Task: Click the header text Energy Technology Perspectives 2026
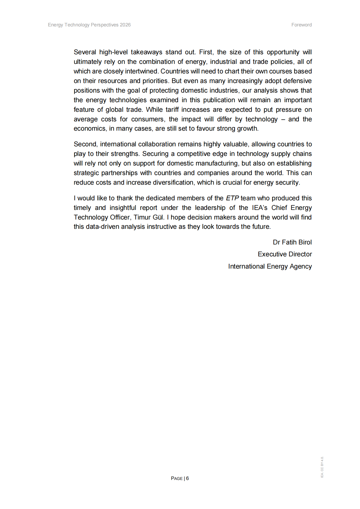[x=89, y=25]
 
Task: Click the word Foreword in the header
[x=301, y=25]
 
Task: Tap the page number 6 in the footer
[x=188, y=478]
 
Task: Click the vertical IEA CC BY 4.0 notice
[x=322, y=467]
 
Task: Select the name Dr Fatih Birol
[x=292, y=242]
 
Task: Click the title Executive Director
[x=285, y=254]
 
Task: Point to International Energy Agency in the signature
[x=270, y=266]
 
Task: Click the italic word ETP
[x=232, y=198]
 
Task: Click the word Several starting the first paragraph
[x=85, y=52]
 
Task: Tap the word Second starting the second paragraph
[x=85, y=144]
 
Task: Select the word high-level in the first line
[x=113, y=52]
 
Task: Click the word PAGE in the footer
[x=177, y=478]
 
